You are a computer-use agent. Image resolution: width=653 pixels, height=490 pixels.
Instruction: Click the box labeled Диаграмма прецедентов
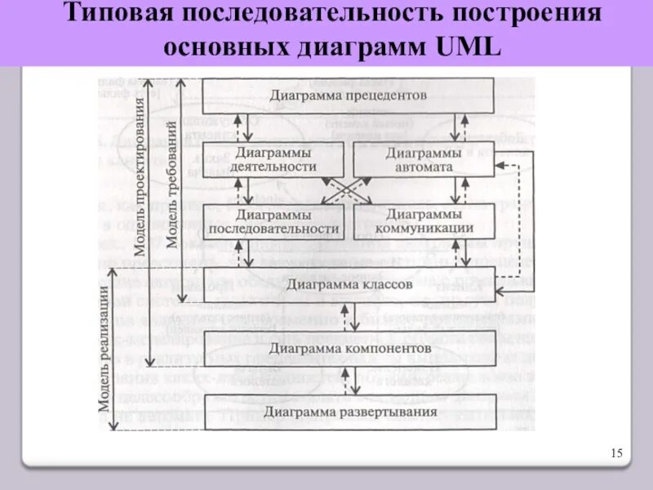(348, 96)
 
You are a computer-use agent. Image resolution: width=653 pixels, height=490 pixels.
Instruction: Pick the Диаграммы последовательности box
(273, 221)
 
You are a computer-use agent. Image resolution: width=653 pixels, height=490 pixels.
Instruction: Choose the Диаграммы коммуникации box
(424, 221)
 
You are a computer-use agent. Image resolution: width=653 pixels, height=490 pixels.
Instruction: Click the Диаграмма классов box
(348, 283)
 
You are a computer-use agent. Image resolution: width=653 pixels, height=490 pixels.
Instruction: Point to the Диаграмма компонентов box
(348, 348)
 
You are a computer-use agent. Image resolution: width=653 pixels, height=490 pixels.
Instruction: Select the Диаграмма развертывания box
(348, 412)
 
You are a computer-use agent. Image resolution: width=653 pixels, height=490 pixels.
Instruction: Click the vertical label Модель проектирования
(140, 176)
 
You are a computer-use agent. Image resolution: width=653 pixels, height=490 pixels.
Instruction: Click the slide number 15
(616, 453)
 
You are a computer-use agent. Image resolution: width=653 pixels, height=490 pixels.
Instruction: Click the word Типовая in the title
(113, 15)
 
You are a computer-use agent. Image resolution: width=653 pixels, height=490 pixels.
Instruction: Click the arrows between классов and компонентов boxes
(349, 315)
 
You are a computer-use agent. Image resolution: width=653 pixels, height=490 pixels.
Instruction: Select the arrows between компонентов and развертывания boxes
(349, 380)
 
